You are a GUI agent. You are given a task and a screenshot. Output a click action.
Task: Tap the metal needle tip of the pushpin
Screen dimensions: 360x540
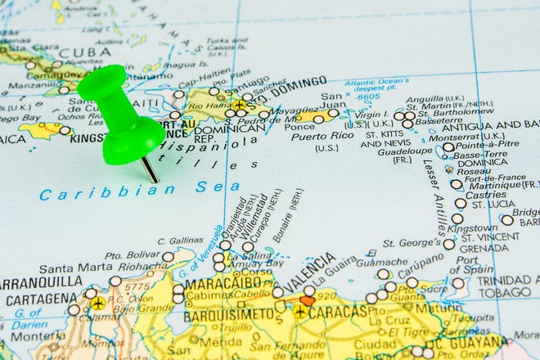[x=155, y=179]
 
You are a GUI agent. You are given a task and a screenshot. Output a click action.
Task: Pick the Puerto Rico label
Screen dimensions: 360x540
[x=315, y=136]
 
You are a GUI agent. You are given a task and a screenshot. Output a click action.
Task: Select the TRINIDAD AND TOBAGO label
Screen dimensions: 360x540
[x=509, y=286]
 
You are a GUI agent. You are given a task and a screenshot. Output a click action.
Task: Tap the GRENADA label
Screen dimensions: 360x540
[x=483, y=248]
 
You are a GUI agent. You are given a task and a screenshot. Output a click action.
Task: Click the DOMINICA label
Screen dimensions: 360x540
[x=481, y=162]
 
